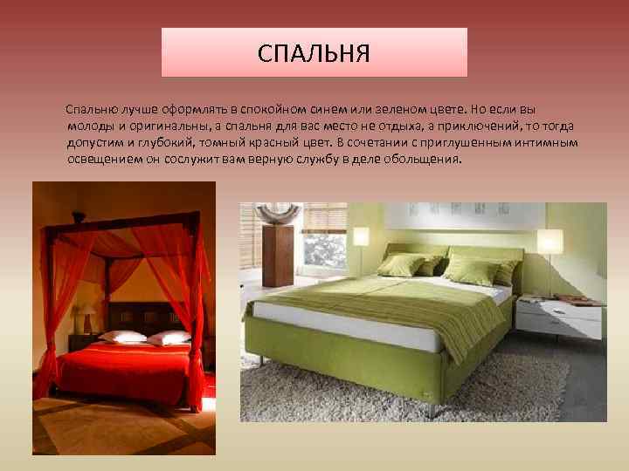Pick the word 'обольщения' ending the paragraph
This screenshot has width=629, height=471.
pyautogui.click(x=426, y=160)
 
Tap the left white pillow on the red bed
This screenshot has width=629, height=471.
pyautogui.click(x=123, y=336)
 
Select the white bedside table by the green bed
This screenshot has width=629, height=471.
pyautogui.click(x=559, y=318)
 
